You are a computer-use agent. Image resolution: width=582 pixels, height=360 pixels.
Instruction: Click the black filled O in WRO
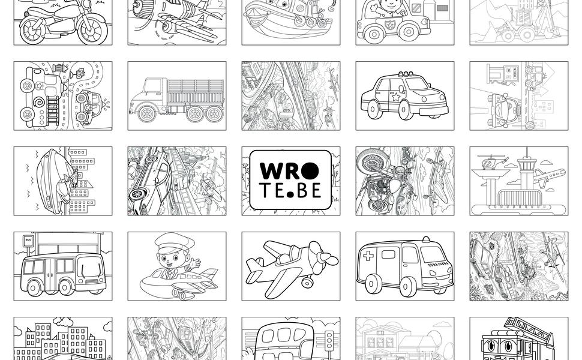(x=309, y=171)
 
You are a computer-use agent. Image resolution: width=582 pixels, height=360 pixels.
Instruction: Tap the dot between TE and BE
(x=290, y=193)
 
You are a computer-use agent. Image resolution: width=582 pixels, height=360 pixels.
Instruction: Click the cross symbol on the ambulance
(x=368, y=256)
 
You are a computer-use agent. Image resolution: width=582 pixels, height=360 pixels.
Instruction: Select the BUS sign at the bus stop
(x=28, y=240)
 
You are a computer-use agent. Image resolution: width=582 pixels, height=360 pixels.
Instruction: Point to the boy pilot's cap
(x=174, y=244)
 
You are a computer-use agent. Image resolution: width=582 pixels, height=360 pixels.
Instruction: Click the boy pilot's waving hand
(x=194, y=262)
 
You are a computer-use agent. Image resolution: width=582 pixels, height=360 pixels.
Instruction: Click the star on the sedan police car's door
(x=396, y=97)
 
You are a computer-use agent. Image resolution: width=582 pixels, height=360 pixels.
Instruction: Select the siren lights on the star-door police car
(x=408, y=74)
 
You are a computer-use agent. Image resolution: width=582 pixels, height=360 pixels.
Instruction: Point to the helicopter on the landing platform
(x=491, y=163)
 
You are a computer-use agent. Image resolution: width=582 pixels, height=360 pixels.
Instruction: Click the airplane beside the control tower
(x=548, y=176)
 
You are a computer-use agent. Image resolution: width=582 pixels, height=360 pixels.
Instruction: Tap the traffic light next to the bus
(x=328, y=341)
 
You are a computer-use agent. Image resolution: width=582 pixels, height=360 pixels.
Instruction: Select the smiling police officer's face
(x=390, y=5)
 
